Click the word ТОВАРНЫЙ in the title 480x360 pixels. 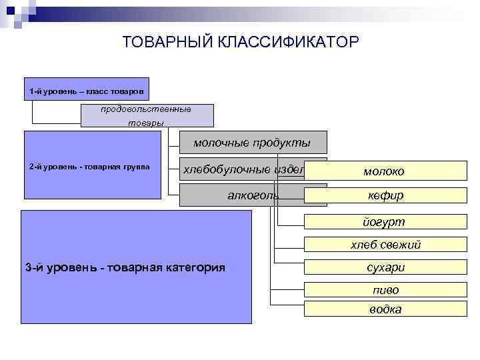167,42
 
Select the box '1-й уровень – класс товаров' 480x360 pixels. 87,90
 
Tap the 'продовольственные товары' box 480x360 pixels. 147,115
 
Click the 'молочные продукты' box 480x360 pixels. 253,143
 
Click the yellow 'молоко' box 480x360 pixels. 383,171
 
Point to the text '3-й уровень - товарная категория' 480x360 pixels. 125,267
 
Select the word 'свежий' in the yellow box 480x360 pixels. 401,245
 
